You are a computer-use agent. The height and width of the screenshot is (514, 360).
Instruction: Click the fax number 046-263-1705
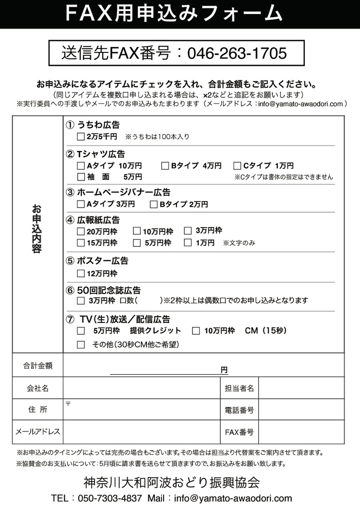coord(237,53)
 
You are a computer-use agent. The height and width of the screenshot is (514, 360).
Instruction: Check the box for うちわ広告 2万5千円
coord(81,137)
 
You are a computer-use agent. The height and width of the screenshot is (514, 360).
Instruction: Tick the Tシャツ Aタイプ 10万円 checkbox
coord(81,166)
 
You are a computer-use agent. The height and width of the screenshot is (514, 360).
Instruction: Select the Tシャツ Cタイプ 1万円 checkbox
coord(237,166)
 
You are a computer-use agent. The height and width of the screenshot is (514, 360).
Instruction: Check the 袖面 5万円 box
coord(81,177)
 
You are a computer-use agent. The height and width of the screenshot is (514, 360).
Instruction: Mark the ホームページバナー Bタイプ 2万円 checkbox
coord(154,205)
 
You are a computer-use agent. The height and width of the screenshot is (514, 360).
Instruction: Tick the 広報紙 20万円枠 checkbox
coord(81,232)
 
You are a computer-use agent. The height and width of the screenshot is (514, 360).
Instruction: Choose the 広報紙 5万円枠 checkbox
coord(137,243)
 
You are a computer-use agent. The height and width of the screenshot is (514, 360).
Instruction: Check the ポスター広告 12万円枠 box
coord(81,274)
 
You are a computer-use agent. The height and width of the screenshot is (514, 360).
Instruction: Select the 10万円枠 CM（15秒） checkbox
coord(196,331)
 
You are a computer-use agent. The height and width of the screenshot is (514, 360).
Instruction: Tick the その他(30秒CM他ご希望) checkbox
coord(81,345)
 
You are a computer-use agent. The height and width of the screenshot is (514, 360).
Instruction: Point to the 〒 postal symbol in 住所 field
coord(68,404)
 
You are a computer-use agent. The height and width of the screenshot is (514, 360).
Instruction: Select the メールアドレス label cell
coord(37,432)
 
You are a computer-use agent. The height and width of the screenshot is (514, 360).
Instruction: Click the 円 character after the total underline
coord(224,370)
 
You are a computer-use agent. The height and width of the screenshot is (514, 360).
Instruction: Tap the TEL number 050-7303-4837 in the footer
coord(110,498)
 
